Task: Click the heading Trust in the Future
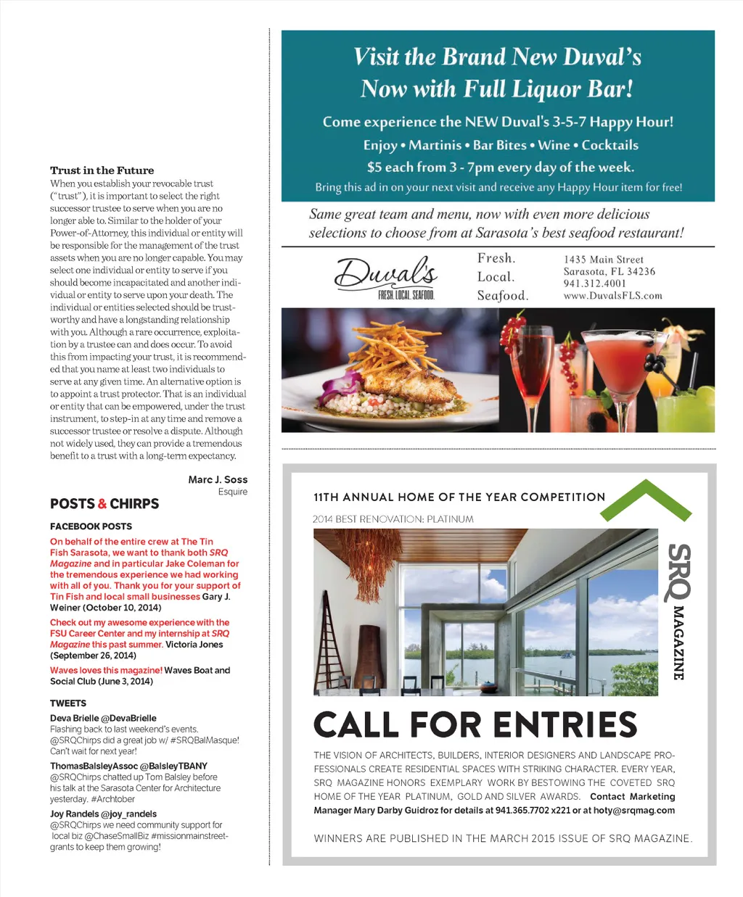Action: tap(102, 170)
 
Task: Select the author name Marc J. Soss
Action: tap(218, 479)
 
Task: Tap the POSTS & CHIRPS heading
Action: tap(104, 503)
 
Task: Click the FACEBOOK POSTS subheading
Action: tap(91, 526)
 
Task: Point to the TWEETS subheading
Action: tap(68, 703)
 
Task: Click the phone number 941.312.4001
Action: tap(594, 284)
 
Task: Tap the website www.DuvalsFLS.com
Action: tap(612, 296)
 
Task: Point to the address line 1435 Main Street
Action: tap(603, 260)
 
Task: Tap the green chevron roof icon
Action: tap(645, 500)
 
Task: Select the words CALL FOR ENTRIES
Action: tap(475, 724)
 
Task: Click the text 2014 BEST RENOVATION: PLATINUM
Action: tap(393, 519)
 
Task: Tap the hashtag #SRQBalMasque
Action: tap(205, 740)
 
